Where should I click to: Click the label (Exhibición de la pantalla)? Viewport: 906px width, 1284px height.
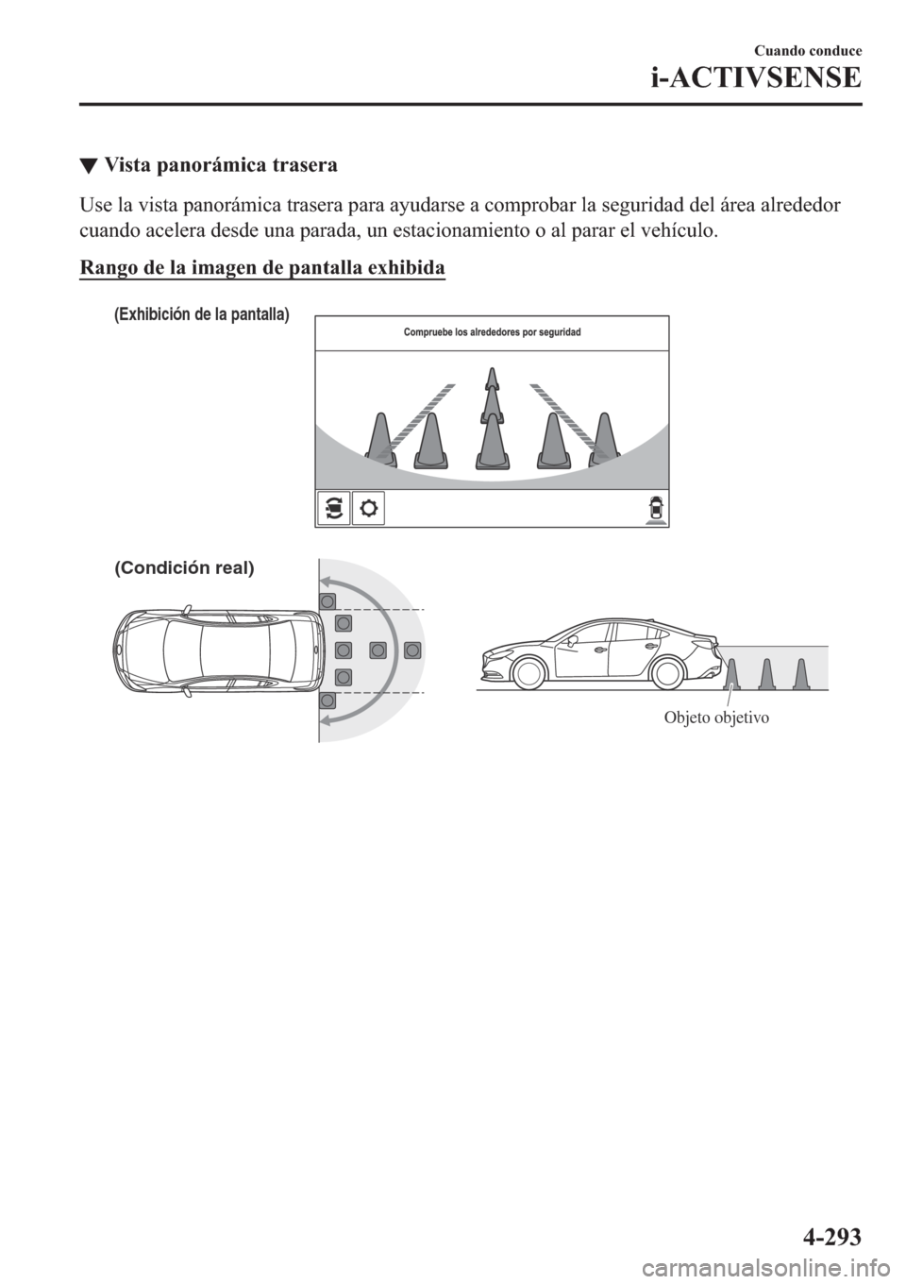click(201, 315)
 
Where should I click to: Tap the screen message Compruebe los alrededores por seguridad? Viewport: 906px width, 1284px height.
click(492, 332)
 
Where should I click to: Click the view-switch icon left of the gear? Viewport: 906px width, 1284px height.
click(333, 508)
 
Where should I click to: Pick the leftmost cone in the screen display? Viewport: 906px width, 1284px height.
click(380, 441)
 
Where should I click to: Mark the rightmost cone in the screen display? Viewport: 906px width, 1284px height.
click(602, 441)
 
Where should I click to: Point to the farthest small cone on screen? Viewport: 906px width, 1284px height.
click(491, 379)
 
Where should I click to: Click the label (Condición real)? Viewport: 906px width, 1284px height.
click(184, 568)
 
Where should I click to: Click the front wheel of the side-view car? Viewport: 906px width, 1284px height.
click(528, 674)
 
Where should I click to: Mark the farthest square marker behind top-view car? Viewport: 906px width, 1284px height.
click(412, 650)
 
